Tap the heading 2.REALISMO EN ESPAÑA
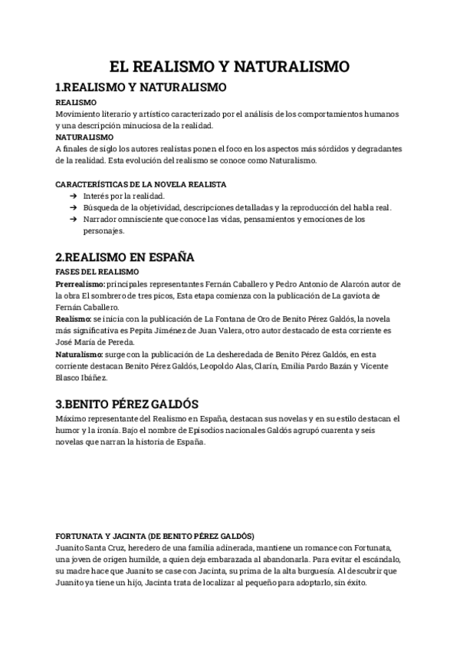coord(125,256)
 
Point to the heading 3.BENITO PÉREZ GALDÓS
coord(127,403)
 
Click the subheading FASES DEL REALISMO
coord(97,273)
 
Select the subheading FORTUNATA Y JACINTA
coord(156,534)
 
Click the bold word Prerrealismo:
coord(82,284)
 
